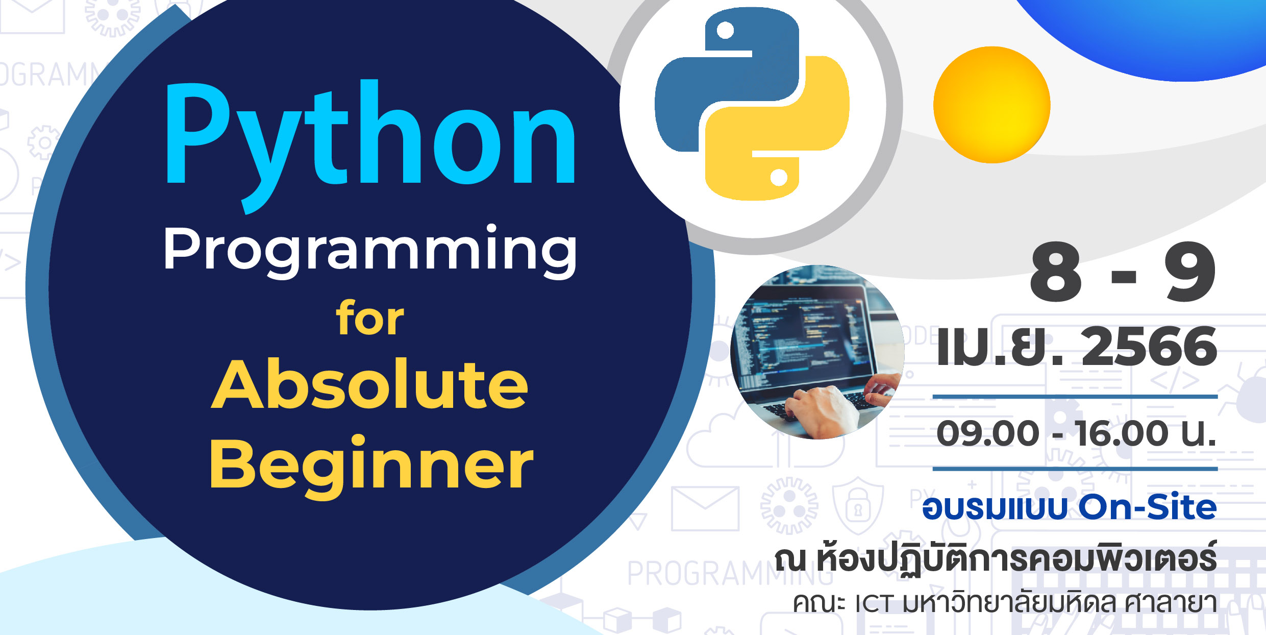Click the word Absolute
click(369, 384)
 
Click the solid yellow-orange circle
click(991, 105)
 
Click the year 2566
click(1149, 347)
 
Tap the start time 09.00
click(988, 433)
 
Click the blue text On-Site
click(1148, 507)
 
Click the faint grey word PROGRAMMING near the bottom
click(730, 573)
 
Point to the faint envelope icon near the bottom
click(705, 508)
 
